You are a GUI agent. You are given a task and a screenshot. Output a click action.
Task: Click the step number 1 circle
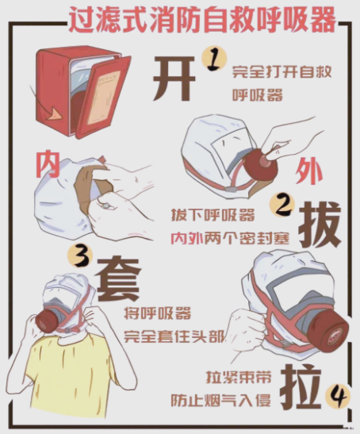(x=215, y=59)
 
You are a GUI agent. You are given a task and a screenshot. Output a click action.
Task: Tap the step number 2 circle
(x=282, y=205)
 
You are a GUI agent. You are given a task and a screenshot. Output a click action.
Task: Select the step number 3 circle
(x=81, y=256)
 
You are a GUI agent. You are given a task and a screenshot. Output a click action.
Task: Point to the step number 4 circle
(x=339, y=398)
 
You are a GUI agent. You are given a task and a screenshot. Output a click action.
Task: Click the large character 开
(x=174, y=79)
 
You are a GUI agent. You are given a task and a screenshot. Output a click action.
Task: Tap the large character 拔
(x=320, y=225)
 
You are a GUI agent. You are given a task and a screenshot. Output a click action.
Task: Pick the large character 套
(x=118, y=279)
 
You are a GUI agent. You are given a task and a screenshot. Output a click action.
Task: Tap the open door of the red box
(x=104, y=97)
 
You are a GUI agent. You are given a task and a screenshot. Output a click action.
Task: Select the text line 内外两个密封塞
(x=230, y=238)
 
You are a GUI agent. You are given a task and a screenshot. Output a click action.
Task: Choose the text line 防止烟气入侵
(x=220, y=400)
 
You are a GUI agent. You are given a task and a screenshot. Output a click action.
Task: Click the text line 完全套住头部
(x=174, y=336)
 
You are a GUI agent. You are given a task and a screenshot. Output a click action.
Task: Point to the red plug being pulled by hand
(x=261, y=165)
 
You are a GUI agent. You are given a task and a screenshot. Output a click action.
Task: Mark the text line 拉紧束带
(x=239, y=376)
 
